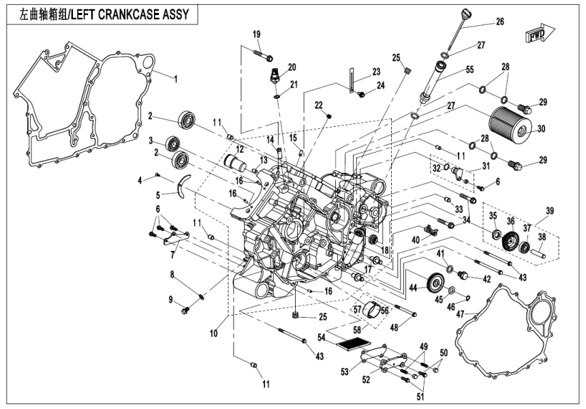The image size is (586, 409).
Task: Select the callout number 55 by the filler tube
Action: click(450, 70)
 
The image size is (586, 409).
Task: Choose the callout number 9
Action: click(172, 299)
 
